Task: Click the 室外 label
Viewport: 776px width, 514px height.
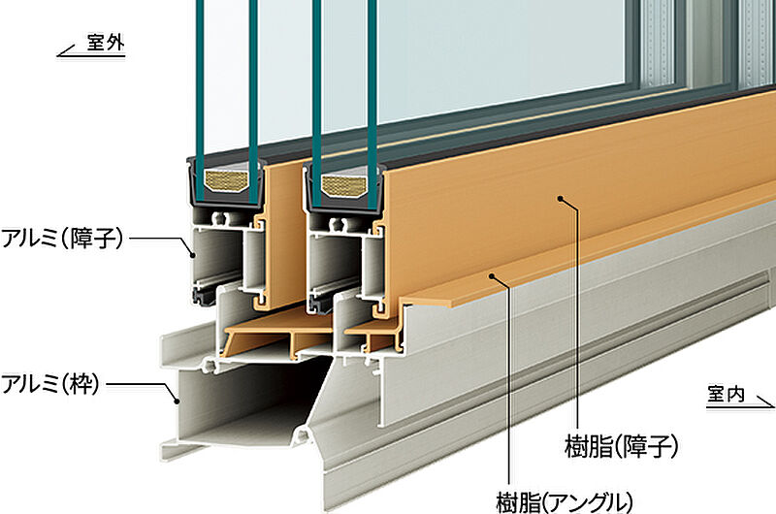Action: click(x=106, y=43)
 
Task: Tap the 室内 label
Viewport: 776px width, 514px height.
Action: click(x=726, y=395)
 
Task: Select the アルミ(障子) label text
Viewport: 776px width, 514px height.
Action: click(x=62, y=239)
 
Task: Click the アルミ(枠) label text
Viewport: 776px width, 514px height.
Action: click(x=50, y=384)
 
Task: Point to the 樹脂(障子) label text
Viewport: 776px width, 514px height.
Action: click(x=621, y=447)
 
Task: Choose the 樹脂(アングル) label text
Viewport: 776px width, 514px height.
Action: click(x=565, y=502)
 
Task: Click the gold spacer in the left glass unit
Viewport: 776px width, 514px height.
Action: click(x=227, y=181)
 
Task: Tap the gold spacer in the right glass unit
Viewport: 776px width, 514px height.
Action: click(x=343, y=184)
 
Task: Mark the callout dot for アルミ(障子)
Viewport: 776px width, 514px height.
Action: click(x=193, y=255)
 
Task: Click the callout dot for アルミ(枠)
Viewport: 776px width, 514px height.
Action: click(x=177, y=401)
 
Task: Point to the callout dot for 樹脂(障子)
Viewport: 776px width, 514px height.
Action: click(x=561, y=199)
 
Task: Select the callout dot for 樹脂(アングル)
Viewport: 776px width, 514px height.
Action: click(x=492, y=276)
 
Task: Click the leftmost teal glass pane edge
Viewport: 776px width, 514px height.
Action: click(x=200, y=99)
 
